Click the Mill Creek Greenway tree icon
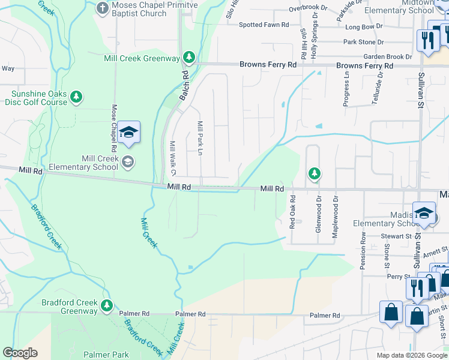pos(189,58)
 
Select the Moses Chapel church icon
pos(103,7)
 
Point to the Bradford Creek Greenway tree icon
pos(107,306)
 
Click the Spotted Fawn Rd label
pos(264,25)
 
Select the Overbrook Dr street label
pos(309,8)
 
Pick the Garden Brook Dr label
pos(383,57)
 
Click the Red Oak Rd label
pos(292,211)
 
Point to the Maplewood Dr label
pos(336,214)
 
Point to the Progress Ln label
pos(346,89)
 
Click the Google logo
pos(20,353)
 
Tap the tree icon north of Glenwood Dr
pos(314,174)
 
